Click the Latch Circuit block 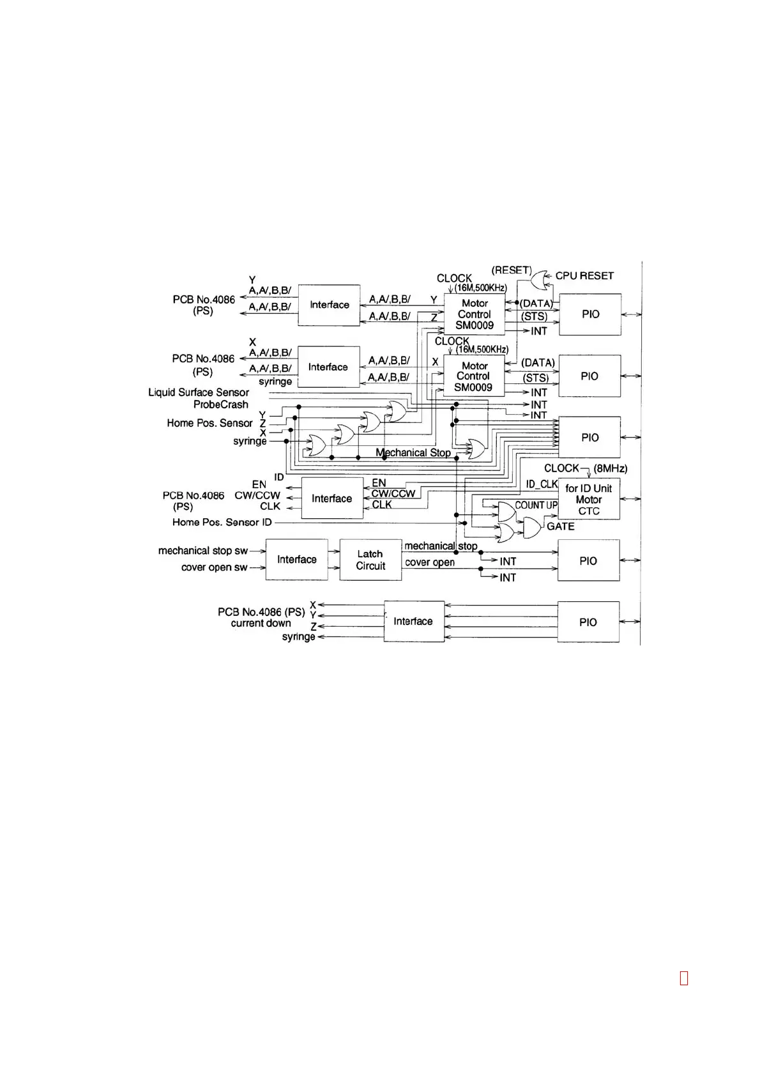click(370, 560)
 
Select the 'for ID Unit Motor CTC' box click(588, 499)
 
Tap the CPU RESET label click(584, 275)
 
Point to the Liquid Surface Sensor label click(199, 392)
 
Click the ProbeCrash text click(221, 404)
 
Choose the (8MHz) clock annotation click(611, 468)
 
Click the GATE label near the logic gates click(560, 526)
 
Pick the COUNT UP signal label click(536, 505)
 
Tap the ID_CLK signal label click(542, 484)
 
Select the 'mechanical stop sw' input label click(203, 551)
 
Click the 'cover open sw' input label click(214, 567)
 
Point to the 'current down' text click(261, 623)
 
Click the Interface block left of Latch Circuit click(296, 560)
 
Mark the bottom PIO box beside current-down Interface click(588, 622)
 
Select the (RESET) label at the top click(512, 270)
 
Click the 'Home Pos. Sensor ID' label click(222, 522)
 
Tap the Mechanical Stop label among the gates click(413, 452)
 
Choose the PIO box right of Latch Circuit click(588, 560)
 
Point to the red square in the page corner click(684, 978)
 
